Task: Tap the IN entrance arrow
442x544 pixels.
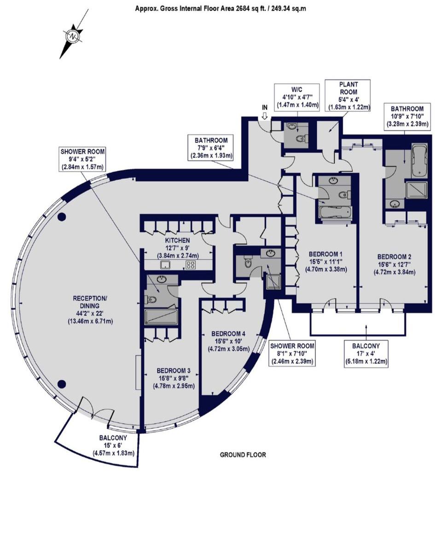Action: (265, 116)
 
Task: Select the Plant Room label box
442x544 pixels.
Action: (349, 95)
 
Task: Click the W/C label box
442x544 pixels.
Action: (297, 98)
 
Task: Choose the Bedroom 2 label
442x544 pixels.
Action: (394, 264)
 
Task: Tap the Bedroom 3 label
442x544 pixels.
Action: (174, 378)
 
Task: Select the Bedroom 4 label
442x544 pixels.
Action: (228, 341)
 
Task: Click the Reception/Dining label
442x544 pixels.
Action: (90, 309)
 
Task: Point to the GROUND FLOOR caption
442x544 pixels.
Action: (243, 455)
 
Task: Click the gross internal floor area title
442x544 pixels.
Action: (221, 9)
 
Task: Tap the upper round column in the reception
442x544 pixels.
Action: (61, 217)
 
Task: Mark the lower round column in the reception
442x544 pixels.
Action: (61, 383)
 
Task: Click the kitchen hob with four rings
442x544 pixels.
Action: (191, 265)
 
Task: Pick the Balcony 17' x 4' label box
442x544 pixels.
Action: (366, 353)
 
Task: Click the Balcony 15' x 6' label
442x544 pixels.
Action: (113, 446)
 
